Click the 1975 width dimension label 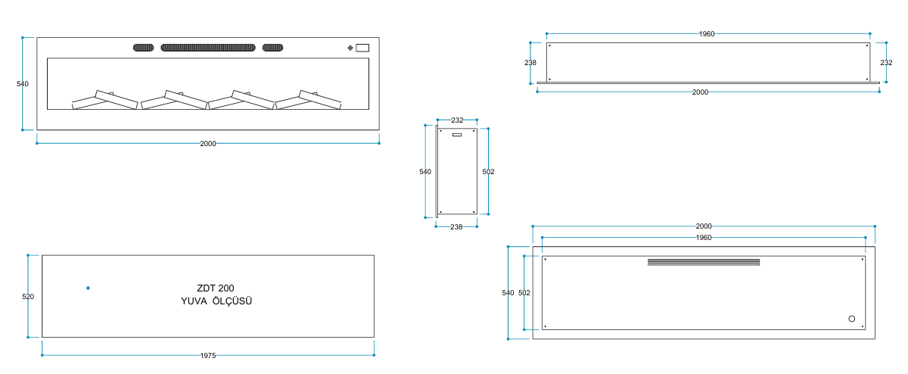[208, 355]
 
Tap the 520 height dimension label [28, 297]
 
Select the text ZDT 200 [215, 288]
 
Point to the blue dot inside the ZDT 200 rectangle [88, 288]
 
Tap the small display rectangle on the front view [362, 48]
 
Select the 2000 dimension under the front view [208, 143]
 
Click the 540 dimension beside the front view [23, 84]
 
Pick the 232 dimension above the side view [457, 120]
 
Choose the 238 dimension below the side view [456, 226]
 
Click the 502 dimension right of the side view [488, 172]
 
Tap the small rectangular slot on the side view [457, 136]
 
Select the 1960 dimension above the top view [707, 34]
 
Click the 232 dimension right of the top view [886, 63]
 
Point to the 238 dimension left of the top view [530, 63]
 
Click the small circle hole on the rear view [852, 319]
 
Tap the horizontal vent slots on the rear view [704, 263]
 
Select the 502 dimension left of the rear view [524, 292]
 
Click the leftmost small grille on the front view [144, 48]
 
